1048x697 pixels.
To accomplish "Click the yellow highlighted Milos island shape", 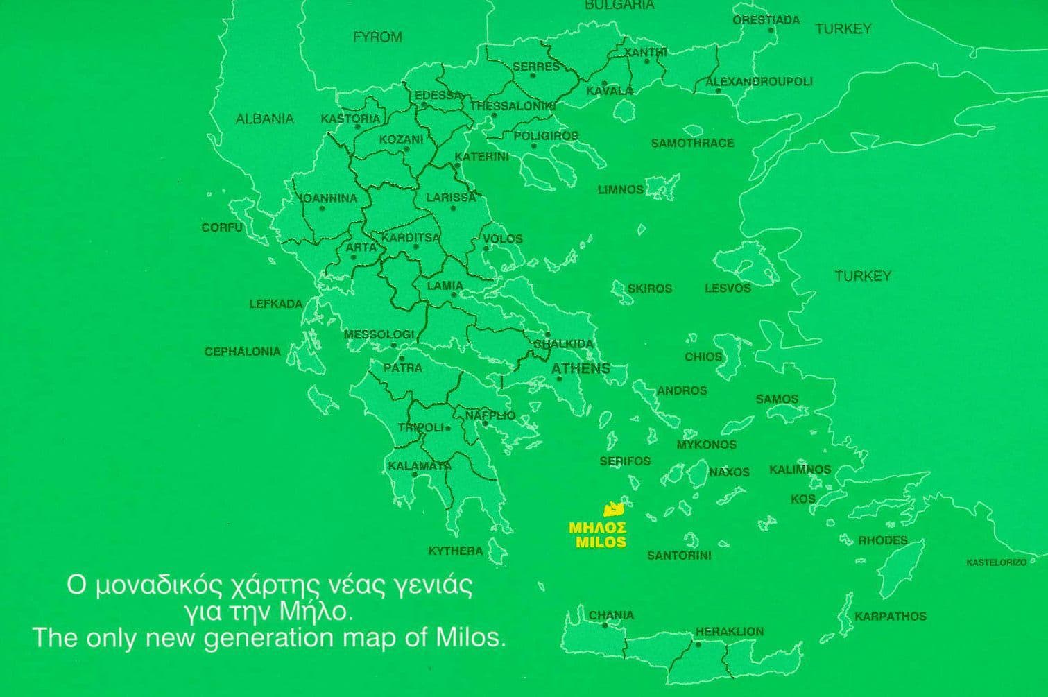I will point(613,510).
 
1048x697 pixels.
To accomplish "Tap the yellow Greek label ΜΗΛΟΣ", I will point(597,528).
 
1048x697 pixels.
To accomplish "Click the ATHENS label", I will point(581,368).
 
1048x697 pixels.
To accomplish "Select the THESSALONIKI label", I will point(513,106).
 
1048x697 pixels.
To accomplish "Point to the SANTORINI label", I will point(679,555).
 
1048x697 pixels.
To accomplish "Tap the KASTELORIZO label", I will point(996,562).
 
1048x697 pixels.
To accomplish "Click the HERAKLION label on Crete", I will point(729,631).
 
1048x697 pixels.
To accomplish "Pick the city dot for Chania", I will point(605,626).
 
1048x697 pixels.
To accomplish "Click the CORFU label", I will point(222,227).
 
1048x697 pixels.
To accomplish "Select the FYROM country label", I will point(377,37).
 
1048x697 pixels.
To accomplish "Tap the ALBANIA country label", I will point(265,119).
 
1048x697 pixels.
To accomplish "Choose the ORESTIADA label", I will point(766,20).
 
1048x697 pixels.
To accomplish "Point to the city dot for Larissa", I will point(453,208).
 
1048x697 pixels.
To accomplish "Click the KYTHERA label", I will point(455,551).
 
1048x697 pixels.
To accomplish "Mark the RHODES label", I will point(882,540).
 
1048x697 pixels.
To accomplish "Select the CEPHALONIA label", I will point(242,352).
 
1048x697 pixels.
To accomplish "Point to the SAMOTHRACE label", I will point(691,143).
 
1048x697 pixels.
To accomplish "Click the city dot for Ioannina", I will point(322,208).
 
